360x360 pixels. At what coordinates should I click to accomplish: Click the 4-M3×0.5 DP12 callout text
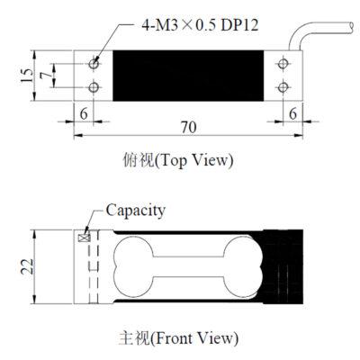click(x=200, y=25)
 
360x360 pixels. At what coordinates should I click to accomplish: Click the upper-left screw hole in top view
click(x=94, y=64)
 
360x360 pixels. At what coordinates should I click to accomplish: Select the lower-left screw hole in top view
click(x=94, y=87)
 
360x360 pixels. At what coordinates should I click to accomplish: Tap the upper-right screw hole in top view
click(x=283, y=64)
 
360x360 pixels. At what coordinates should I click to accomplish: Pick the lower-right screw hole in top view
click(x=283, y=87)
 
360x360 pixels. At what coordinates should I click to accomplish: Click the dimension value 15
click(x=27, y=76)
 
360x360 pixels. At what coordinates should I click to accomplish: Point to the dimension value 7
click(x=46, y=76)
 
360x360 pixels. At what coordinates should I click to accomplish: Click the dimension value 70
click(x=189, y=127)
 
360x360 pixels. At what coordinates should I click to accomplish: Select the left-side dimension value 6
click(x=84, y=113)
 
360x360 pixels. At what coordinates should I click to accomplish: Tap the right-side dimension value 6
click(x=292, y=113)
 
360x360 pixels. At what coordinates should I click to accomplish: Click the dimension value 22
click(x=27, y=266)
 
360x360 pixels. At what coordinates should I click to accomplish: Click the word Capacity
click(x=136, y=211)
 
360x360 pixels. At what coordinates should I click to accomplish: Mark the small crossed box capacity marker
click(x=85, y=238)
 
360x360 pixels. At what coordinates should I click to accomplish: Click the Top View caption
click(x=178, y=160)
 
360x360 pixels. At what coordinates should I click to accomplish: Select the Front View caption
click(x=179, y=338)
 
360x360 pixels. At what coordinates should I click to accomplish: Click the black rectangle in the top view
click(x=188, y=76)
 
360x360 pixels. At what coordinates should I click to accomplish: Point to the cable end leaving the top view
click(x=351, y=27)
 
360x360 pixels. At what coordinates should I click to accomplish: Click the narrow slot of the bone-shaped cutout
click(x=188, y=266)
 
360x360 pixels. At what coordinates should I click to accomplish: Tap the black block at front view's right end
click(x=283, y=266)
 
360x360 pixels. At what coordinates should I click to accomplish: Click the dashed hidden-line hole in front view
click(x=93, y=266)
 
